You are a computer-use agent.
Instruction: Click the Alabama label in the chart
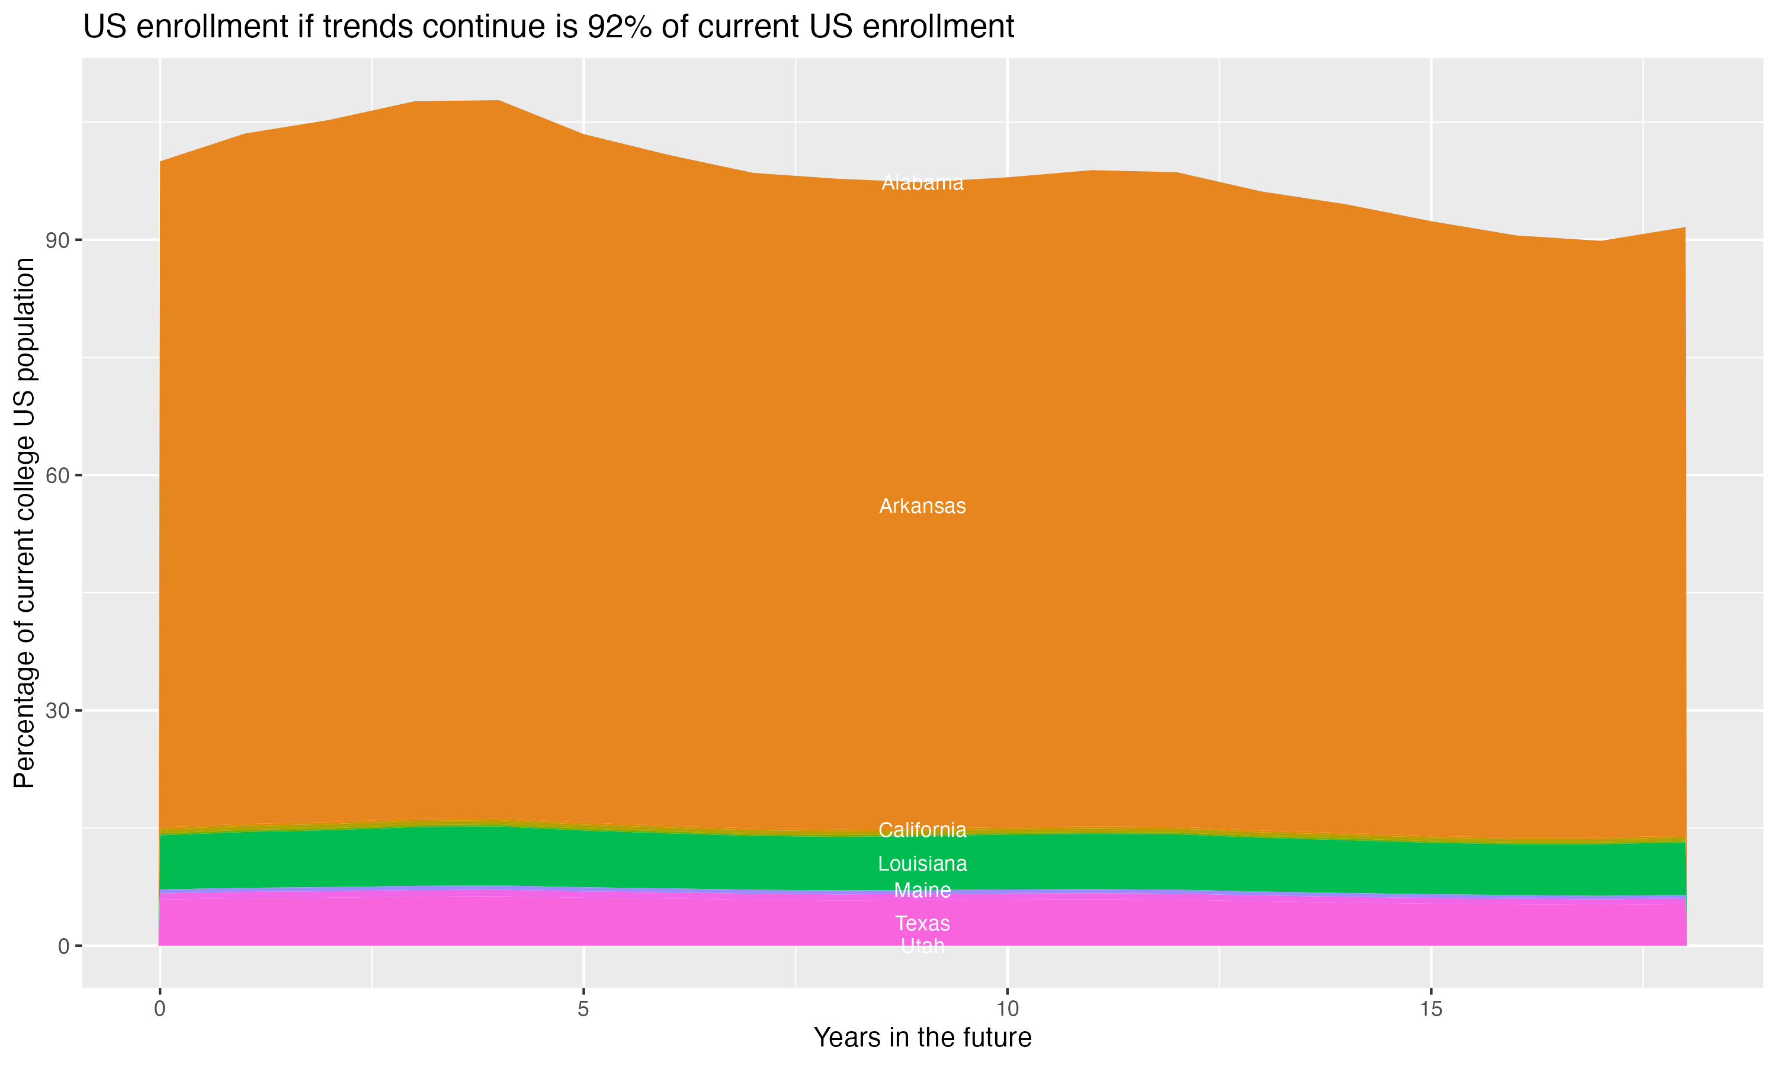pos(922,183)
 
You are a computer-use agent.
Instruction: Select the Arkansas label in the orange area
pos(922,506)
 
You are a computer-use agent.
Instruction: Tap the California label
pos(922,830)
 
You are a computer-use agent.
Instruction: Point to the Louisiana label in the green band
pos(922,863)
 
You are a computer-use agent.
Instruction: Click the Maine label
pos(922,891)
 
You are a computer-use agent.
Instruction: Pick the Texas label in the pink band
pos(922,924)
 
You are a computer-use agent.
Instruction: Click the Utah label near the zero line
pos(922,947)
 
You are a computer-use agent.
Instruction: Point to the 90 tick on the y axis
pos(57,240)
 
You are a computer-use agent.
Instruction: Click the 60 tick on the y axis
pos(57,476)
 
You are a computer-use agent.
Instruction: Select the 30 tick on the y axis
pos(57,711)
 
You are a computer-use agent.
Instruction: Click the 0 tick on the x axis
pos(159,1009)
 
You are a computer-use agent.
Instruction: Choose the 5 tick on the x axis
pos(583,1009)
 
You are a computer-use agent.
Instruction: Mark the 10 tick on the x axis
pos(1007,1009)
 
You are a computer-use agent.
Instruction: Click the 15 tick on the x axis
pos(1431,1009)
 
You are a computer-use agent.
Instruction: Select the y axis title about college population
pos(24,523)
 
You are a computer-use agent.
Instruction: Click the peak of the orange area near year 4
pos(499,101)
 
